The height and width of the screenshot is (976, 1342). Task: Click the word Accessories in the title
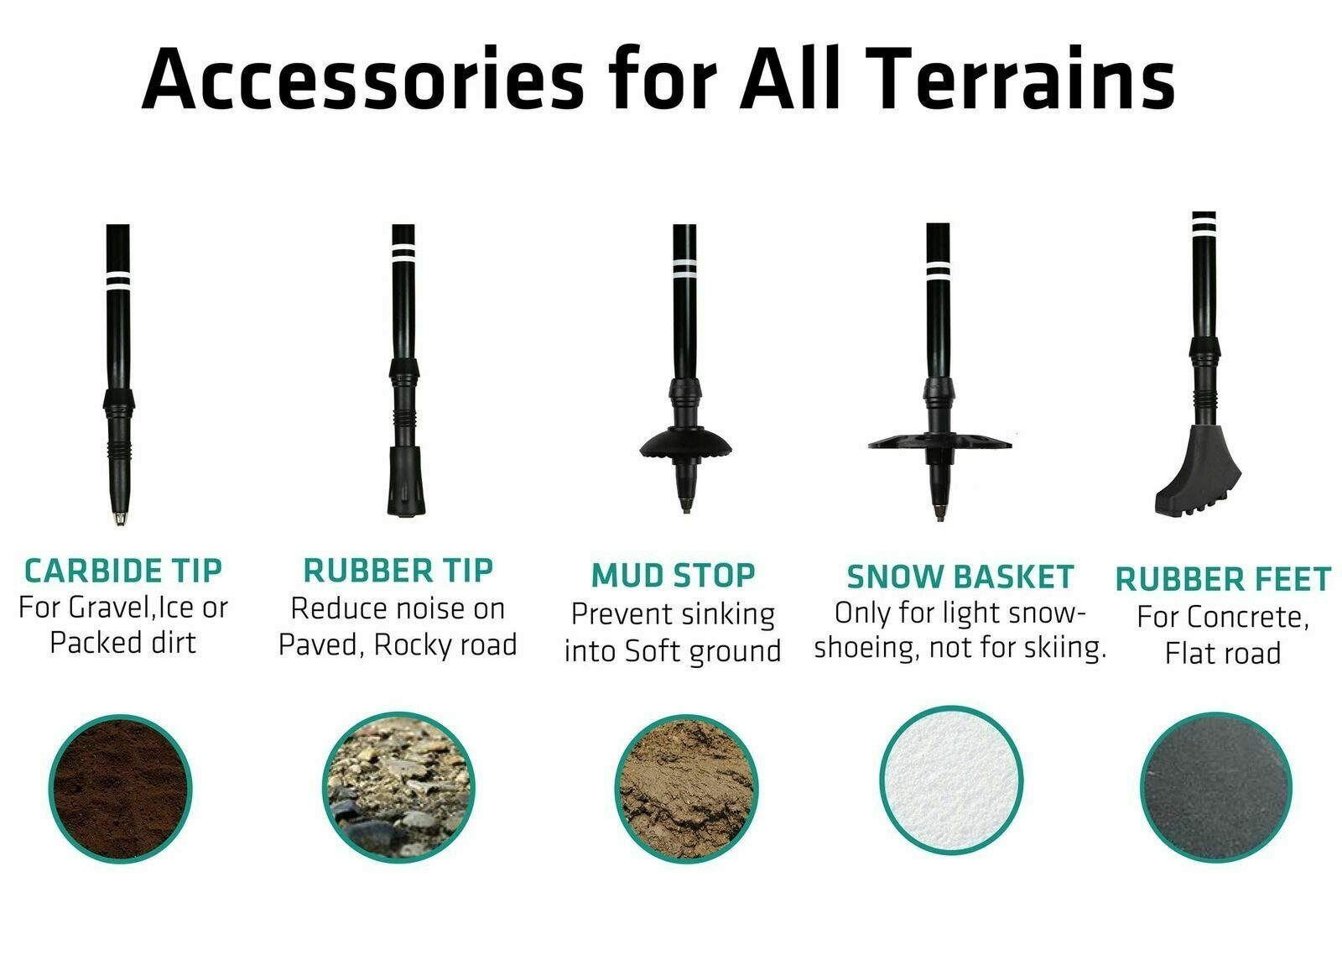[x=362, y=79]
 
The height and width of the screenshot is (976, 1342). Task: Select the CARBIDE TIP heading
[x=122, y=571]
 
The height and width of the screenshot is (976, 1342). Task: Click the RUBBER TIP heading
[x=398, y=570]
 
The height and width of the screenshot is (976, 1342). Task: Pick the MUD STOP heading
[x=673, y=576]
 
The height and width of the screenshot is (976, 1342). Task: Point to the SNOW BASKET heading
[x=960, y=577]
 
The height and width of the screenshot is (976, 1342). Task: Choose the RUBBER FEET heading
[x=1223, y=580]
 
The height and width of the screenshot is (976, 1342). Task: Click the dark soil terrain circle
[x=121, y=789]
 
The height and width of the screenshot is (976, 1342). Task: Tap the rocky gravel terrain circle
[x=398, y=788]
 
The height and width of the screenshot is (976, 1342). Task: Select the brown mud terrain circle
[x=687, y=789]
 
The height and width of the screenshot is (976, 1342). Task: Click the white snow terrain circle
[x=951, y=780]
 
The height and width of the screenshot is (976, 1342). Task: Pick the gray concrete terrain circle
[x=1216, y=788]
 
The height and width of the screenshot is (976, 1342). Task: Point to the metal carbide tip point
[x=120, y=518]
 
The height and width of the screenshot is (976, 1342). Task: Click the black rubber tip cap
[x=406, y=481]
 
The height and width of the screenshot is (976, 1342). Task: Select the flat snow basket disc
[x=939, y=441]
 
